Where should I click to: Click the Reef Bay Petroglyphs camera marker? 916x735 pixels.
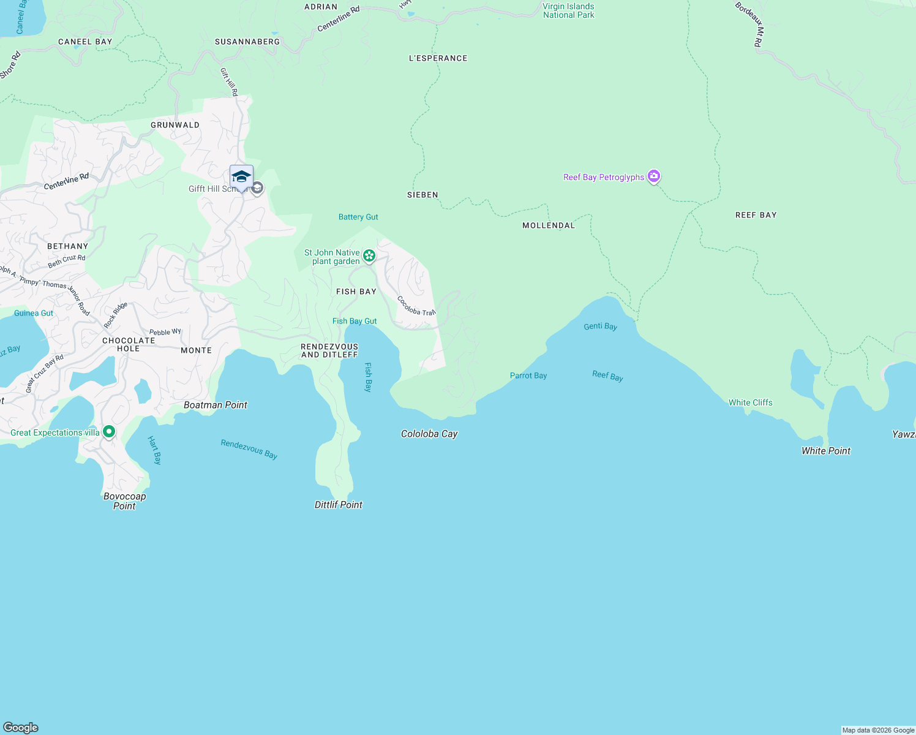tap(654, 177)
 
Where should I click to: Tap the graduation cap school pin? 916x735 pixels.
tap(241, 177)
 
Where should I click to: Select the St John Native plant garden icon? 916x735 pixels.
tap(369, 256)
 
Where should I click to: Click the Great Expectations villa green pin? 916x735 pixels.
tap(109, 432)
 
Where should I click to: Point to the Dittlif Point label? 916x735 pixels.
tap(338, 505)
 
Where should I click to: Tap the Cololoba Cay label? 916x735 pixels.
tap(429, 434)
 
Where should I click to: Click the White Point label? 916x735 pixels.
tap(826, 451)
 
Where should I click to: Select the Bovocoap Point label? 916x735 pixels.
tap(124, 501)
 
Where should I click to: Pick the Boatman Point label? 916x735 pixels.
tap(216, 405)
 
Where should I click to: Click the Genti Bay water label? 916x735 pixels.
tap(600, 326)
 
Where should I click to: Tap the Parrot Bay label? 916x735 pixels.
tap(528, 375)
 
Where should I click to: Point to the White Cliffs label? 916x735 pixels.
tap(750, 402)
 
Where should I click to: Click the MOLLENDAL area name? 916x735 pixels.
tap(549, 225)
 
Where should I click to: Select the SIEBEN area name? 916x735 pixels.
tap(422, 195)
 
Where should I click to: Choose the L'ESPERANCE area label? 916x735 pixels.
tap(438, 58)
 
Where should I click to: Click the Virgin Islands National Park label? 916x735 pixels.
tap(568, 11)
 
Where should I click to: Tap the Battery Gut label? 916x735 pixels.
tap(358, 217)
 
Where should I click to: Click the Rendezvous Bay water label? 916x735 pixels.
tap(249, 448)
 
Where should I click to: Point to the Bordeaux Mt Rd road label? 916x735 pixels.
tap(751, 24)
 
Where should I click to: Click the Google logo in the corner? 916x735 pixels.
tap(21, 727)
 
